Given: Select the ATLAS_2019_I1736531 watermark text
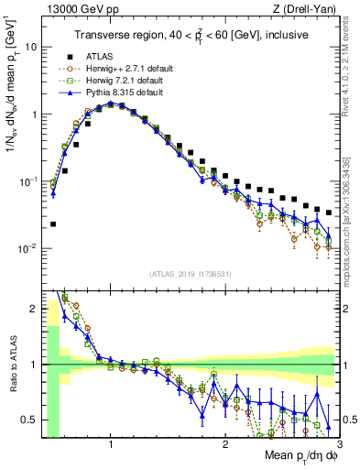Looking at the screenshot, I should (x=190, y=273).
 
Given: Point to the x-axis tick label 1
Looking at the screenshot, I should (x=111, y=444).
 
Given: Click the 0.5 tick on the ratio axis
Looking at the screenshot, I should (x=28, y=420).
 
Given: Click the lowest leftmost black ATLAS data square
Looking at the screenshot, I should (x=53, y=224).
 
